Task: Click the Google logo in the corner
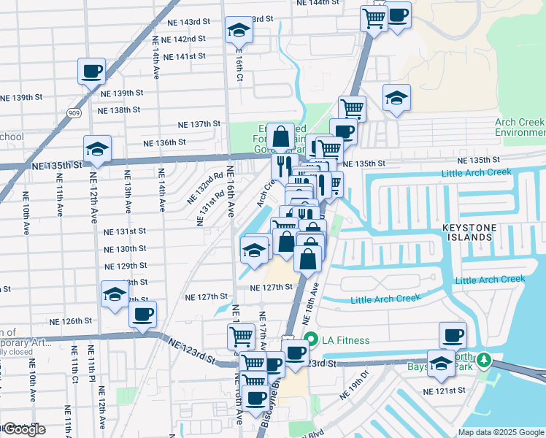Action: coord(23,429)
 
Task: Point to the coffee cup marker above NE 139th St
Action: coord(92,72)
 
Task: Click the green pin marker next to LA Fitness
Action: coord(311,339)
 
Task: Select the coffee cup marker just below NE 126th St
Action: coord(142,315)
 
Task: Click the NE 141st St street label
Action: coord(184,56)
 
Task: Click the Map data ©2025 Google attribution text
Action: coord(500,432)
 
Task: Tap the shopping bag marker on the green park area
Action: coord(280,136)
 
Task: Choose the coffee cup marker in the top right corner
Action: coord(397,15)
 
